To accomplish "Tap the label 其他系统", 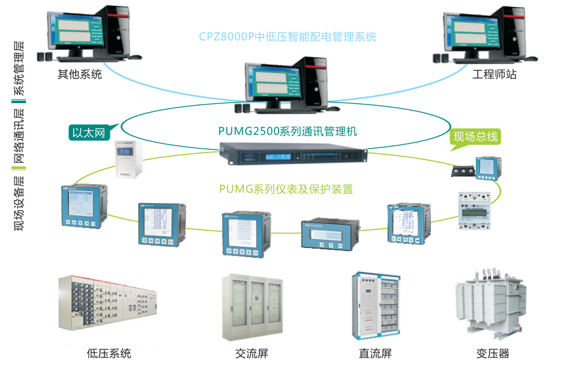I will [x=80, y=74].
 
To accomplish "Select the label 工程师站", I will [x=494, y=74].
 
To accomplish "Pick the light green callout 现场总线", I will [x=475, y=137].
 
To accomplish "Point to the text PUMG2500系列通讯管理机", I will [x=288, y=132].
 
